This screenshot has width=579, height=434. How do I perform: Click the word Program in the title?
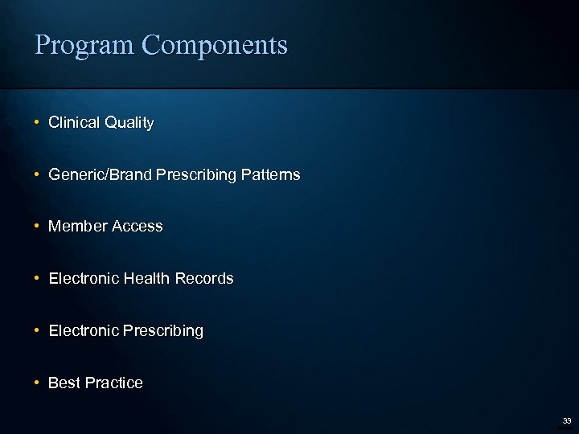click(x=84, y=46)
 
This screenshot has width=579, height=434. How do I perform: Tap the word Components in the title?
click(x=214, y=46)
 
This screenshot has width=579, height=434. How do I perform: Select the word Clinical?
click(x=73, y=123)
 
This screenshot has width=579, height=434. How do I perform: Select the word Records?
click(x=204, y=279)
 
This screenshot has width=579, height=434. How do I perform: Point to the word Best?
click(x=64, y=383)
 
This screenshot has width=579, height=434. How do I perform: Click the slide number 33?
click(x=566, y=420)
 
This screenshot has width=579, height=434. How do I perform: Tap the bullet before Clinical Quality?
click(x=37, y=123)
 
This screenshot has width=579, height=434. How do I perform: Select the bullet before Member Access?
click(x=37, y=227)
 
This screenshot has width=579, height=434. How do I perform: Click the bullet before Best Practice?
click(x=37, y=383)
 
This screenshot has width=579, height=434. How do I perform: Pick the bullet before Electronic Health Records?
click(x=37, y=279)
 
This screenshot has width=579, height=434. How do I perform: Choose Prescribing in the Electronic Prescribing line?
click(x=163, y=331)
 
